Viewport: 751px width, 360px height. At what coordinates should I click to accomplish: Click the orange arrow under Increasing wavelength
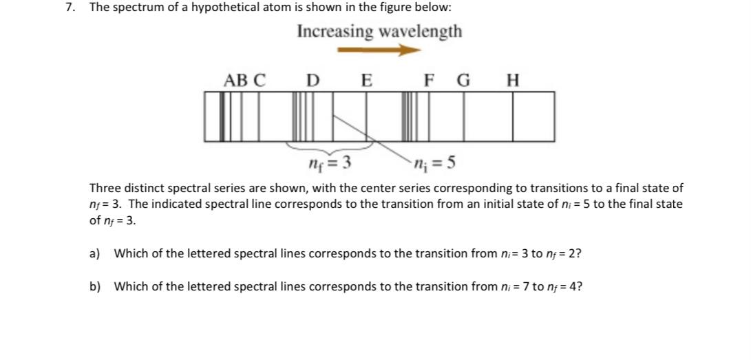click(x=379, y=50)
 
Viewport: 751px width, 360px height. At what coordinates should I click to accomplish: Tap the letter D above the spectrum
click(x=313, y=81)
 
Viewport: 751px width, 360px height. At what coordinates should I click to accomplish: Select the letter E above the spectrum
click(x=367, y=81)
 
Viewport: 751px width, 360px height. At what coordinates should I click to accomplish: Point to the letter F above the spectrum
click(x=430, y=81)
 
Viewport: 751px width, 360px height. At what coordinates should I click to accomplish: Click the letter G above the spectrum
click(x=464, y=81)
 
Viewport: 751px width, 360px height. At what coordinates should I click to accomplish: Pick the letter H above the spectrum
click(x=512, y=81)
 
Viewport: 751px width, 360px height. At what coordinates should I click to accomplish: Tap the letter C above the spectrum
click(x=259, y=81)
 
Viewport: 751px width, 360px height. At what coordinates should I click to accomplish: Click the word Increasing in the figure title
click(x=335, y=32)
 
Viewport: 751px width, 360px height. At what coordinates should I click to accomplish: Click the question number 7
click(x=70, y=8)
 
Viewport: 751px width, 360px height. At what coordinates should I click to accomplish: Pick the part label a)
click(x=95, y=253)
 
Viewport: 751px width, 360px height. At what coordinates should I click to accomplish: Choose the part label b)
click(x=95, y=286)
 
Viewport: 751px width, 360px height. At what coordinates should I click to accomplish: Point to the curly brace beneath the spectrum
click(x=330, y=147)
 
